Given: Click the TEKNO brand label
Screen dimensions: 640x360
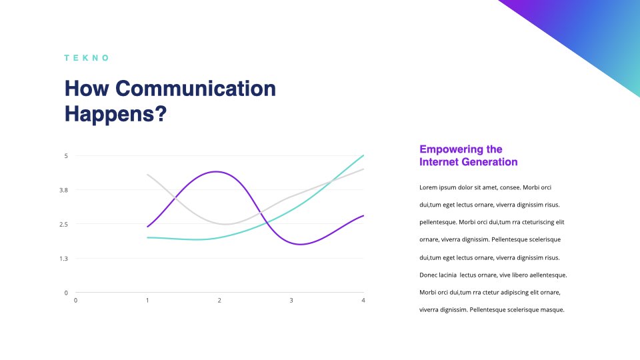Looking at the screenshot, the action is coord(87,58).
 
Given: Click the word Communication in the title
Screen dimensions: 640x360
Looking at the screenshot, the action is coord(195,89).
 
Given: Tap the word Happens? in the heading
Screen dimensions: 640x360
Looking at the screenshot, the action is coord(116,114).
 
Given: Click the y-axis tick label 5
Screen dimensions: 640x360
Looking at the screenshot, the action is coord(66,156).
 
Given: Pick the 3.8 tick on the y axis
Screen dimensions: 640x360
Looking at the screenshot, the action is coord(64,190).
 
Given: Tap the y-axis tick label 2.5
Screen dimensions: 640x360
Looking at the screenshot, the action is coord(64,225).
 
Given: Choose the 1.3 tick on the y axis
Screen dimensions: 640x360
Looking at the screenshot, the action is coord(64,259).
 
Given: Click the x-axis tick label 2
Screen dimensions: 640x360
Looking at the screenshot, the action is coord(219,301).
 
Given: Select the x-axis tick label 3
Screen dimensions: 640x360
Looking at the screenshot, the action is coord(291,301).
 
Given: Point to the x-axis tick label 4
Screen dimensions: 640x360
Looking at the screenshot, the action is coord(363,301).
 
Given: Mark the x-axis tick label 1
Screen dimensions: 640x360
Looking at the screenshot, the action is coord(147,301).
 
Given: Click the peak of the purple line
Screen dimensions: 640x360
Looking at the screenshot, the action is coord(216,172).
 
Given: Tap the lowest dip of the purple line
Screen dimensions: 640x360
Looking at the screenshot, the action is coord(301,244).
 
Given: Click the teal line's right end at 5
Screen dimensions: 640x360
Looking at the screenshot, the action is coord(363,155).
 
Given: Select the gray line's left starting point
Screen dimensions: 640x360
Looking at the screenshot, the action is coord(147,175).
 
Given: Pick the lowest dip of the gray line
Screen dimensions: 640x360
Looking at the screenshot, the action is coord(225,224).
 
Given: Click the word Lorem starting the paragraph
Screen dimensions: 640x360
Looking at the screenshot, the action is coord(428,188).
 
